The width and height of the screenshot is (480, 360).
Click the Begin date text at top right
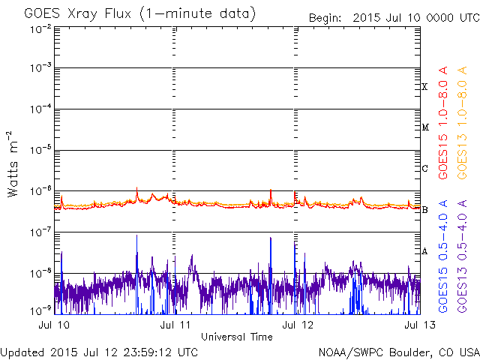tap(391, 17)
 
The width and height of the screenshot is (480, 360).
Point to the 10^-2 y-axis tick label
tap(40, 28)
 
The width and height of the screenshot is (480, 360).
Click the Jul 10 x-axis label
tap(52, 325)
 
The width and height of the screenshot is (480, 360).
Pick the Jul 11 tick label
tap(175, 325)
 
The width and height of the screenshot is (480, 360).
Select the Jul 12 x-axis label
tap(295, 325)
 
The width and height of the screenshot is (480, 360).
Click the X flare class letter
tap(424, 87)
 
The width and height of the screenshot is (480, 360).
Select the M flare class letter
tap(424, 127)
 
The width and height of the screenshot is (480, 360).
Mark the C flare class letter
tap(424, 169)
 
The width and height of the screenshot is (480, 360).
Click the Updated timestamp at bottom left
tap(99, 352)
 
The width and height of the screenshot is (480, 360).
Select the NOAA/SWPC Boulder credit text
tap(397, 352)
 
